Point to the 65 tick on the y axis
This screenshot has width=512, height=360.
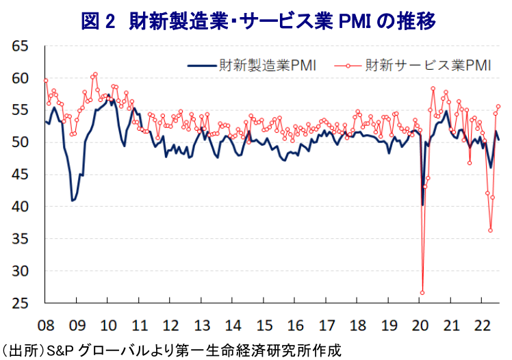[x=20, y=47]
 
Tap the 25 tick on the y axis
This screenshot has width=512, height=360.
[x=20, y=303]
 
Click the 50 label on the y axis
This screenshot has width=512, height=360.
[x=20, y=142]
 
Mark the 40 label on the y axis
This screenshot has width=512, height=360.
[x=20, y=207]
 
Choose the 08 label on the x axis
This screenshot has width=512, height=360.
[x=45, y=324]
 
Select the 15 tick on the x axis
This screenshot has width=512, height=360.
[x=264, y=324]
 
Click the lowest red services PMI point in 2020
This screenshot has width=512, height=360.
[x=422, y=292]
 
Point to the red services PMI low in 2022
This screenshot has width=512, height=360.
[x=490, y=230]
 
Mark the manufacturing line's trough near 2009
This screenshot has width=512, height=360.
[x=73, y=200]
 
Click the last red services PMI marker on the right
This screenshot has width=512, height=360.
[x=498, y=106]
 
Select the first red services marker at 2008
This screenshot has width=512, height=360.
[x=46, y=81]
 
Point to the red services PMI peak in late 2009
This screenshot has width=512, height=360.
[x=95, y=75]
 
